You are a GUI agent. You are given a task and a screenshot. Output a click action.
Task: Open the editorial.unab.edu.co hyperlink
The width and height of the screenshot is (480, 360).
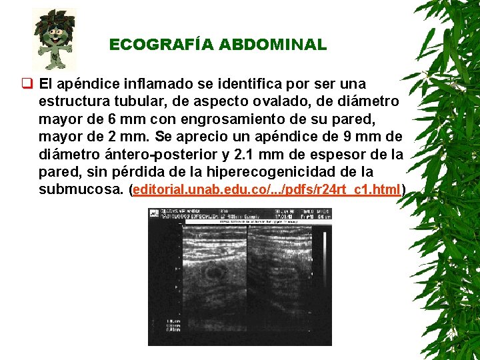267,189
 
